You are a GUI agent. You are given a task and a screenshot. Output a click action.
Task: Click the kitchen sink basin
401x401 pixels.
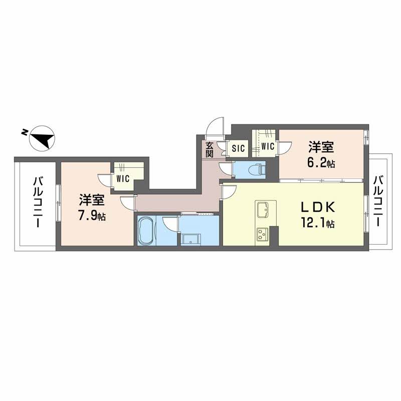(264, 209)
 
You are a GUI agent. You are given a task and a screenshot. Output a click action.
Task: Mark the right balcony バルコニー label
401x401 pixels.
(379, 200)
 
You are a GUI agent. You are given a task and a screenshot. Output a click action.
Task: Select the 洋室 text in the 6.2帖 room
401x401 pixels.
(321, 147)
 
